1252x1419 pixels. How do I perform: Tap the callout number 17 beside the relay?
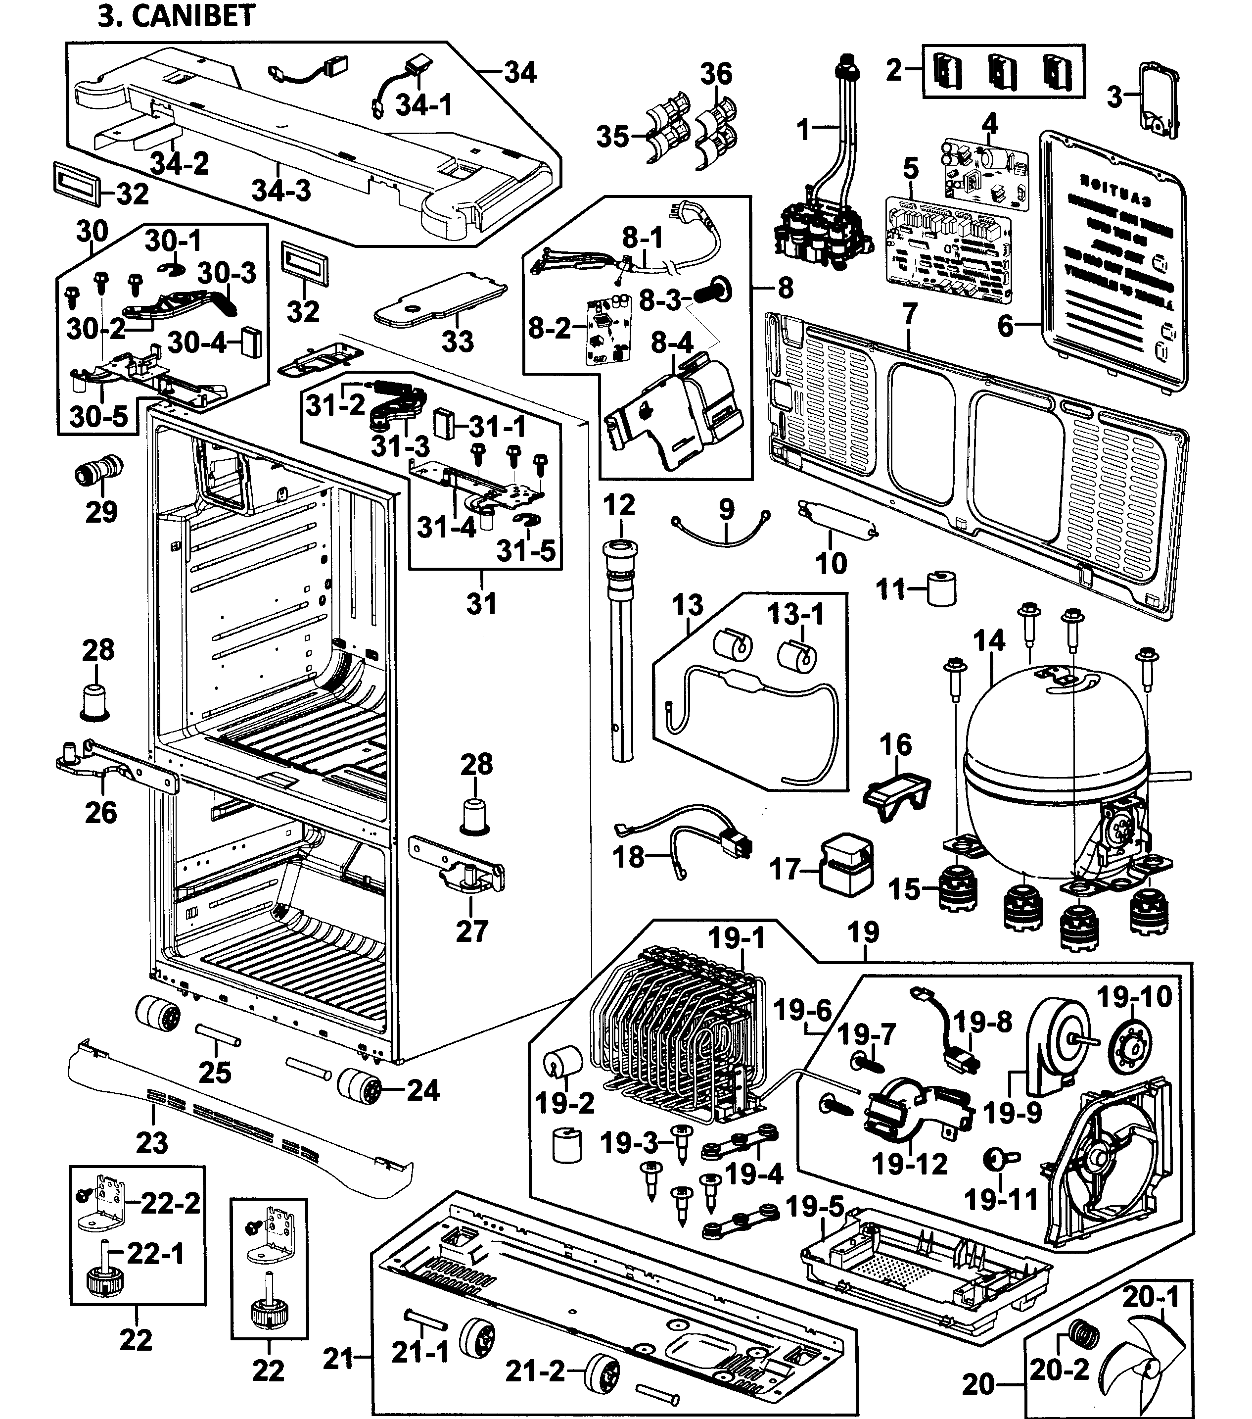point(786,869)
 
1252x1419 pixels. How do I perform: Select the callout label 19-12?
point(909,1164)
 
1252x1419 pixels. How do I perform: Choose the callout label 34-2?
point(179,164)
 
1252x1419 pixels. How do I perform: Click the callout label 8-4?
point(672,343)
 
